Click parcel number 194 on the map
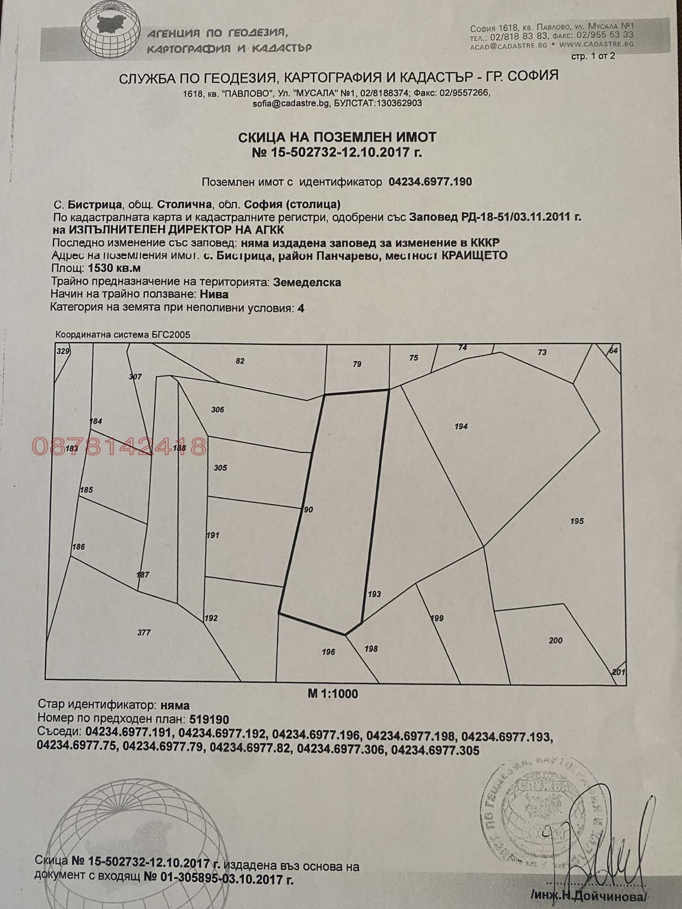461,426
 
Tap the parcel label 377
144,632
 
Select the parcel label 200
555,640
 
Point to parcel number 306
217,410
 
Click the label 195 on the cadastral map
576,521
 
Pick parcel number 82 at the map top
239,361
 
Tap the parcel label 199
437,618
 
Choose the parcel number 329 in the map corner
63,352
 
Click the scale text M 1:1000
333,693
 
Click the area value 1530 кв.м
112,268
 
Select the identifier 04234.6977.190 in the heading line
430,182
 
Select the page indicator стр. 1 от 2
592,56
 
